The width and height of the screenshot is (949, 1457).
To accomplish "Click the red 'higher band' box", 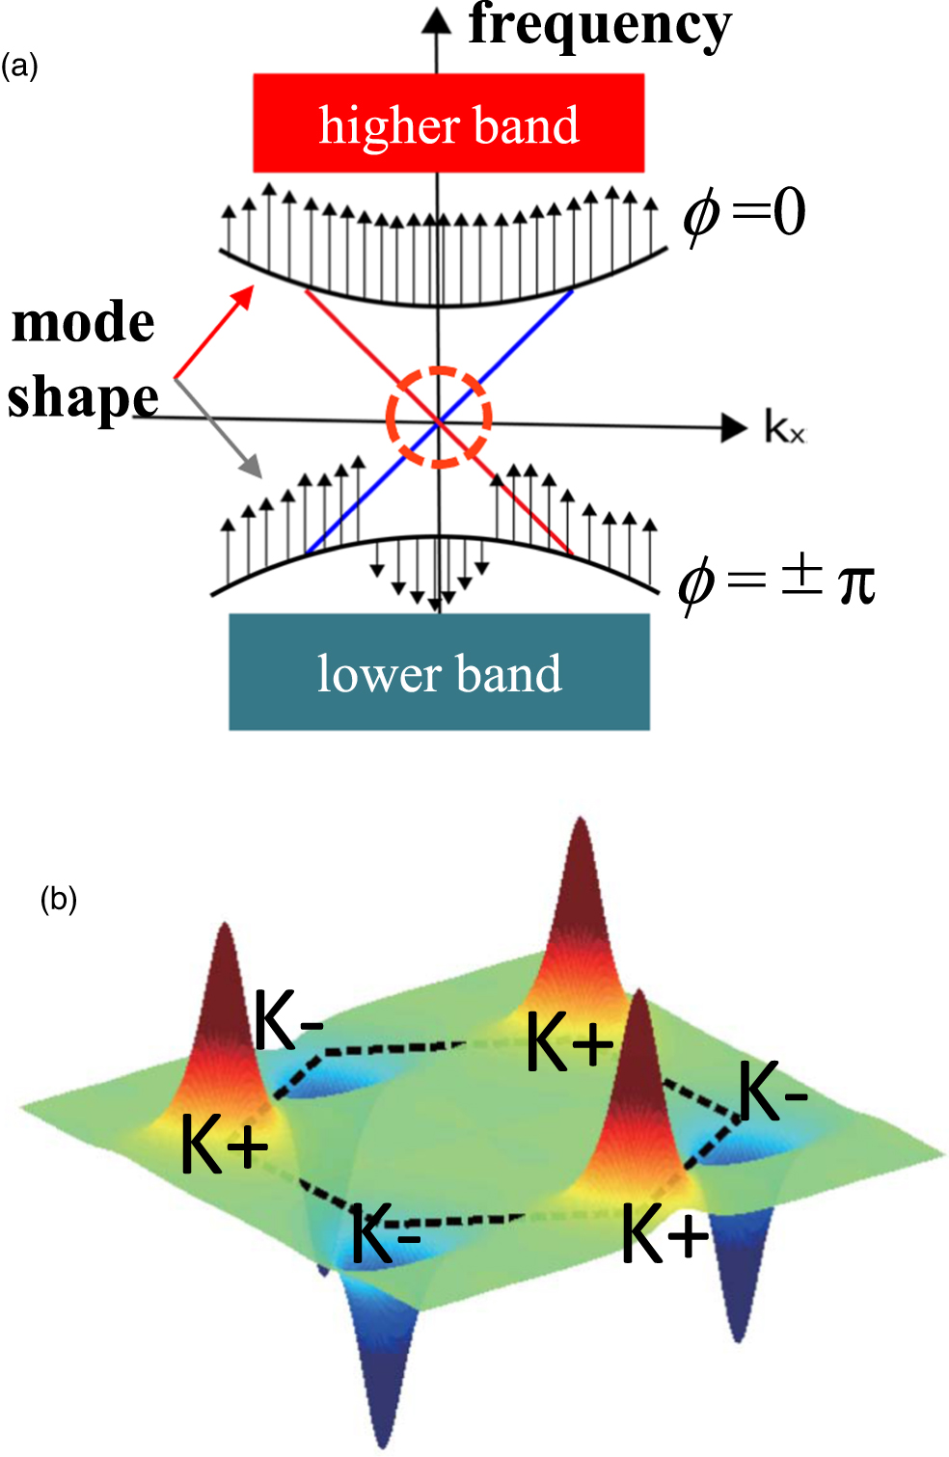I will tap(448, 123).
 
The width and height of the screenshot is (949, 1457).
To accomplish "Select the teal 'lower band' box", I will tap(439, 672).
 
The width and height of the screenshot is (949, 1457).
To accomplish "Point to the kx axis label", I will tap(784, 427).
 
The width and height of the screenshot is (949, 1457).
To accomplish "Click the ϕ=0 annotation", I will tap(744, 213).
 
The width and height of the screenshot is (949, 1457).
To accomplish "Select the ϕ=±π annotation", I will tap(775, 582).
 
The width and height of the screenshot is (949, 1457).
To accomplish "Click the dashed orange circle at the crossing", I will tap(439, 418).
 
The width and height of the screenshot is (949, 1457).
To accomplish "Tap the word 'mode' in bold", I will tap(83, 322).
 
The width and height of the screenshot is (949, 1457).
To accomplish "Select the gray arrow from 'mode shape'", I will tap(219, 427).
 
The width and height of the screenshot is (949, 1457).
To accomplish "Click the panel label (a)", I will tap(19, 67).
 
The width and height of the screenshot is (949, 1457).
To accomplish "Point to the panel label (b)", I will tap(58, 899).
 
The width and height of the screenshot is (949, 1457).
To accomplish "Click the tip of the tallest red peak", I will tap(580, 822).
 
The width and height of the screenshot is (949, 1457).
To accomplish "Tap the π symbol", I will tap(856, 584).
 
